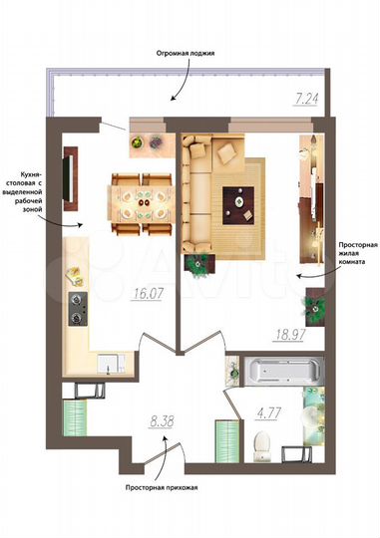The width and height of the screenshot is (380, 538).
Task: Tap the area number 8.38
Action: click(162, 421)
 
